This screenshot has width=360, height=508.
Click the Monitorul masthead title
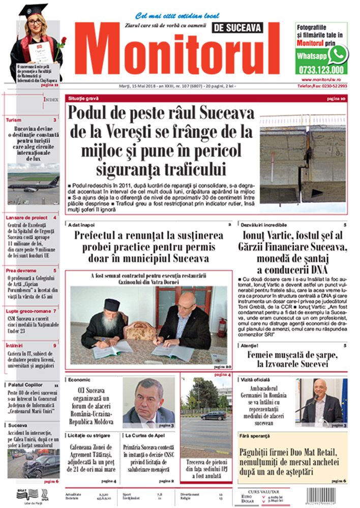coord(178,51)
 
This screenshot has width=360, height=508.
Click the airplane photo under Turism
coord(33,180)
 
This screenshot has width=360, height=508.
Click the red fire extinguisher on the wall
coord(221,327)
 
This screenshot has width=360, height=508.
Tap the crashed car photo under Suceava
coord(33,463)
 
